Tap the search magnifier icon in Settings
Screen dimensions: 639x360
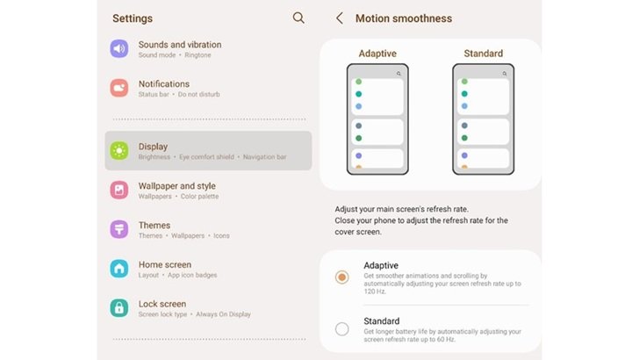(x=298, y=18)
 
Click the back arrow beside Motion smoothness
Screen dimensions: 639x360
(x=339, y=18)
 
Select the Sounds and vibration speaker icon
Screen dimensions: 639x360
(x=119, y=48)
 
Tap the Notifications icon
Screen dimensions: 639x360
(x=119, y=88)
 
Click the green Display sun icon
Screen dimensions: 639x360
(x=119, y=150)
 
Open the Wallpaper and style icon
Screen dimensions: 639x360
(x=119, y=190)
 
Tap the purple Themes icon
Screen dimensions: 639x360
(x=119, y=229)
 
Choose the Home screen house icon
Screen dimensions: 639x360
(x=119, y=269)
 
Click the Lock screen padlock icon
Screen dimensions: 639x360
(x=119, y=308)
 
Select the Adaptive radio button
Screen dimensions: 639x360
(x=342, y=277)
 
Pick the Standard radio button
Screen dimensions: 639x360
(x=342, y=328)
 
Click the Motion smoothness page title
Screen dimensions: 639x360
(x=404, y=18)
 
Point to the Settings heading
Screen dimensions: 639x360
(x=133, y=18)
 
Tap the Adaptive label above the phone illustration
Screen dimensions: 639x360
(x=377, y=54)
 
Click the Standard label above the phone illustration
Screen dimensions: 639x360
(x=484, y=54)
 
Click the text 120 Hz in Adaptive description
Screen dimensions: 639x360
(x=375, y=292)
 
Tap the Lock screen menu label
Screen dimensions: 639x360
(x=162, y=304)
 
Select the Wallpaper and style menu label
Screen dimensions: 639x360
(x=177, y=186)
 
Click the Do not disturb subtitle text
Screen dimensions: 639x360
(x=199, y=94)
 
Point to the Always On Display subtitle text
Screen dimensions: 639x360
(x=223, y=314)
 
